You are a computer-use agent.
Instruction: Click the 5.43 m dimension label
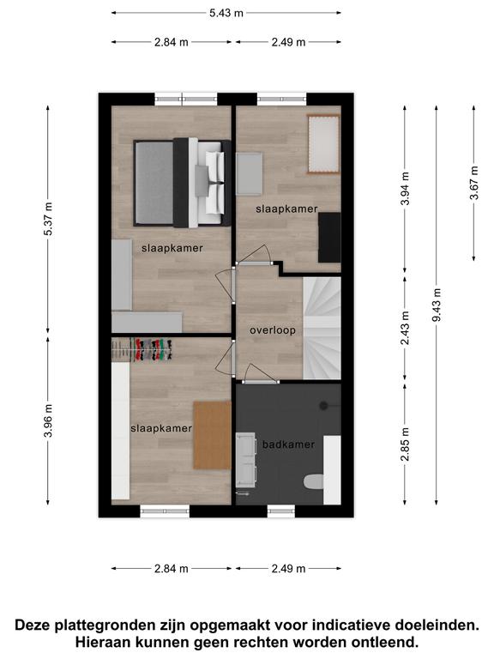coord(226,13)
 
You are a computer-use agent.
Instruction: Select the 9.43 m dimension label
coord(437,305)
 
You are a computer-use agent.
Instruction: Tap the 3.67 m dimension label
coord(473,183)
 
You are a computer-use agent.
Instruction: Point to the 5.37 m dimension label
coord(48,219)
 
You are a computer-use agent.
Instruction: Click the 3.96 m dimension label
coord(48,420)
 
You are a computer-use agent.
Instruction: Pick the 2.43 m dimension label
coord(405,328)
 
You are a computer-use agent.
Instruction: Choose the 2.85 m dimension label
coord(405,444)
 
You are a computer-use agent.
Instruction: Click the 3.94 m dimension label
coord(405,189)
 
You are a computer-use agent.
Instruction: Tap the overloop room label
coord(273,330)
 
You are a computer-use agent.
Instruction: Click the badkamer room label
coord(288,444)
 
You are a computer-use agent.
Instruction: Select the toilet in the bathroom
coord(314,482)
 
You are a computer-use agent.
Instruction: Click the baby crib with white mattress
coord(323,144)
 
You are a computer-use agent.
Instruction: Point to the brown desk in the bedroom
coord(212,435)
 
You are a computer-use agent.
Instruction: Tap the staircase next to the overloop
coord(322,329)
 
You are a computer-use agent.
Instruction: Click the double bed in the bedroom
coord(183,183)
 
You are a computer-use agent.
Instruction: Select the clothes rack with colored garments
coord(152,350)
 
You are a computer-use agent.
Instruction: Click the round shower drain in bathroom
coord(323,406)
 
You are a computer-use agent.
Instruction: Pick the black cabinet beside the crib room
coord(329,238)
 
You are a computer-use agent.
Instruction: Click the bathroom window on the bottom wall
coord(281,511)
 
